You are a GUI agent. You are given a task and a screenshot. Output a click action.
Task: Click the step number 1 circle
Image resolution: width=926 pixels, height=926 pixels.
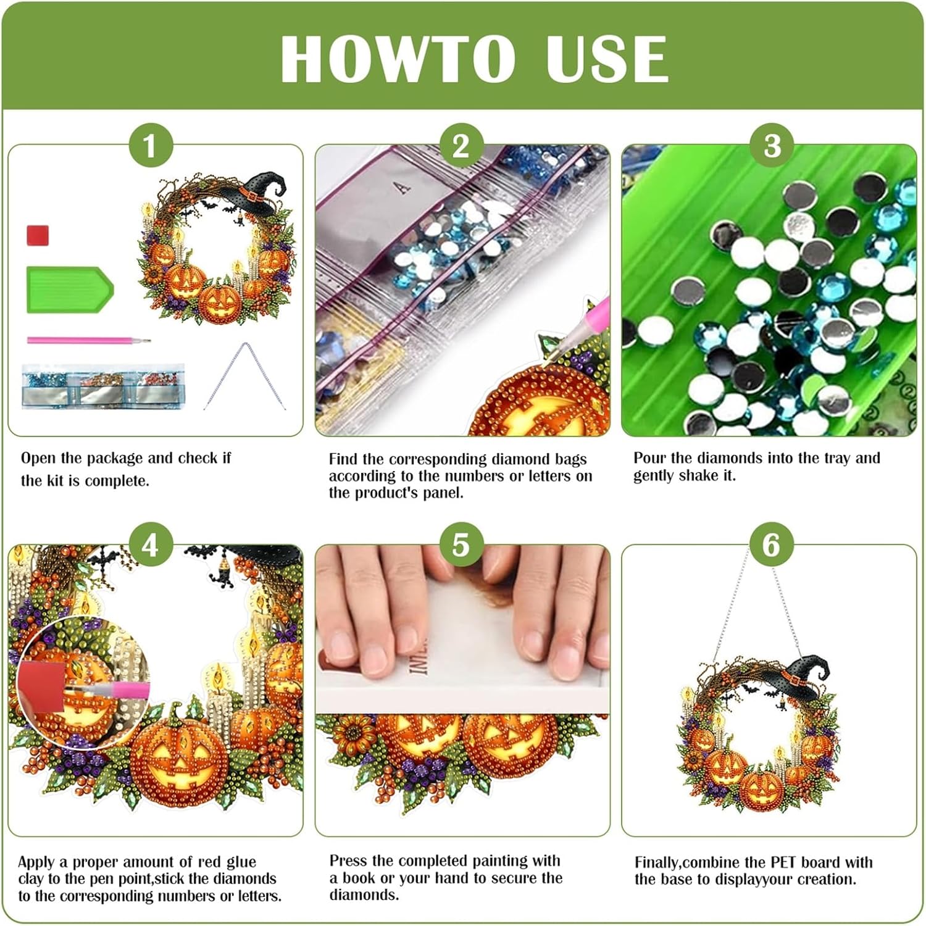coord(150,146)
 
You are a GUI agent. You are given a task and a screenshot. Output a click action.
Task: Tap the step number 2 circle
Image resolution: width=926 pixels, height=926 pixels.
coord(461,146)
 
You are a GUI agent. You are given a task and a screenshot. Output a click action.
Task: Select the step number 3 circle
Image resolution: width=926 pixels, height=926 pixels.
coord(772,146)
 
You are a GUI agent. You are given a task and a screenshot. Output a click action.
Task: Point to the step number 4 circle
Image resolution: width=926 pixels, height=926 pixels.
coord(150,545)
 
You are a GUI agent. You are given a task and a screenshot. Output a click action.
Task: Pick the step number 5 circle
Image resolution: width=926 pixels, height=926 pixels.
coord(461,545)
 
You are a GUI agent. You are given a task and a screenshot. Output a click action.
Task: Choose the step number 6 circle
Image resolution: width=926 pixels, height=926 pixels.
coord(772,545)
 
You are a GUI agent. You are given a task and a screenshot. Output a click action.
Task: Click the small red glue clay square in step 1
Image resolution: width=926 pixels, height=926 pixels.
coord(38,235)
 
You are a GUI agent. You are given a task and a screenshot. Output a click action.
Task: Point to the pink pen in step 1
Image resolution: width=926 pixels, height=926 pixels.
coord(88,340)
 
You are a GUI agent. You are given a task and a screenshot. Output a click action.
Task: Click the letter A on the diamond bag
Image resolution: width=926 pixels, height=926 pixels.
coord(403,187)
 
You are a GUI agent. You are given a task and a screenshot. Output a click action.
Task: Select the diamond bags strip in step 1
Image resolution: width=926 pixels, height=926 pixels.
coord(103,386)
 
